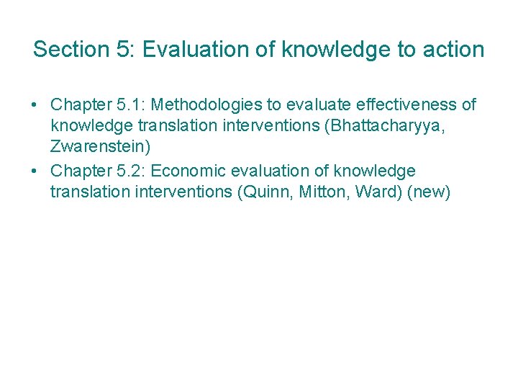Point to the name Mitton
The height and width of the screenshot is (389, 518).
point(317,193)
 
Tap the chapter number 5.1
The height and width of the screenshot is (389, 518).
point(128,105)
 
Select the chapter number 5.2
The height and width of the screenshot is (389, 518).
point(128,171)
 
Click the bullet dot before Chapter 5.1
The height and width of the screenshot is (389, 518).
point(35,105)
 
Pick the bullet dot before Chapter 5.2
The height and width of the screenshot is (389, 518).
point(35,171)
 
